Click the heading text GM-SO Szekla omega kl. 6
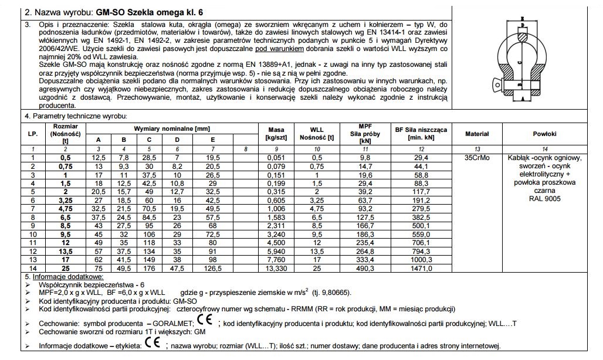click(148, 12)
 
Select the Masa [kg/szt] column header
click(276, 134)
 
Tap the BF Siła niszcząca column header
click(421, 133)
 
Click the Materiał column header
click(476, 134)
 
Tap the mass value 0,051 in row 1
click(276, 158)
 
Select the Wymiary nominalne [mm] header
click(164, 128)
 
